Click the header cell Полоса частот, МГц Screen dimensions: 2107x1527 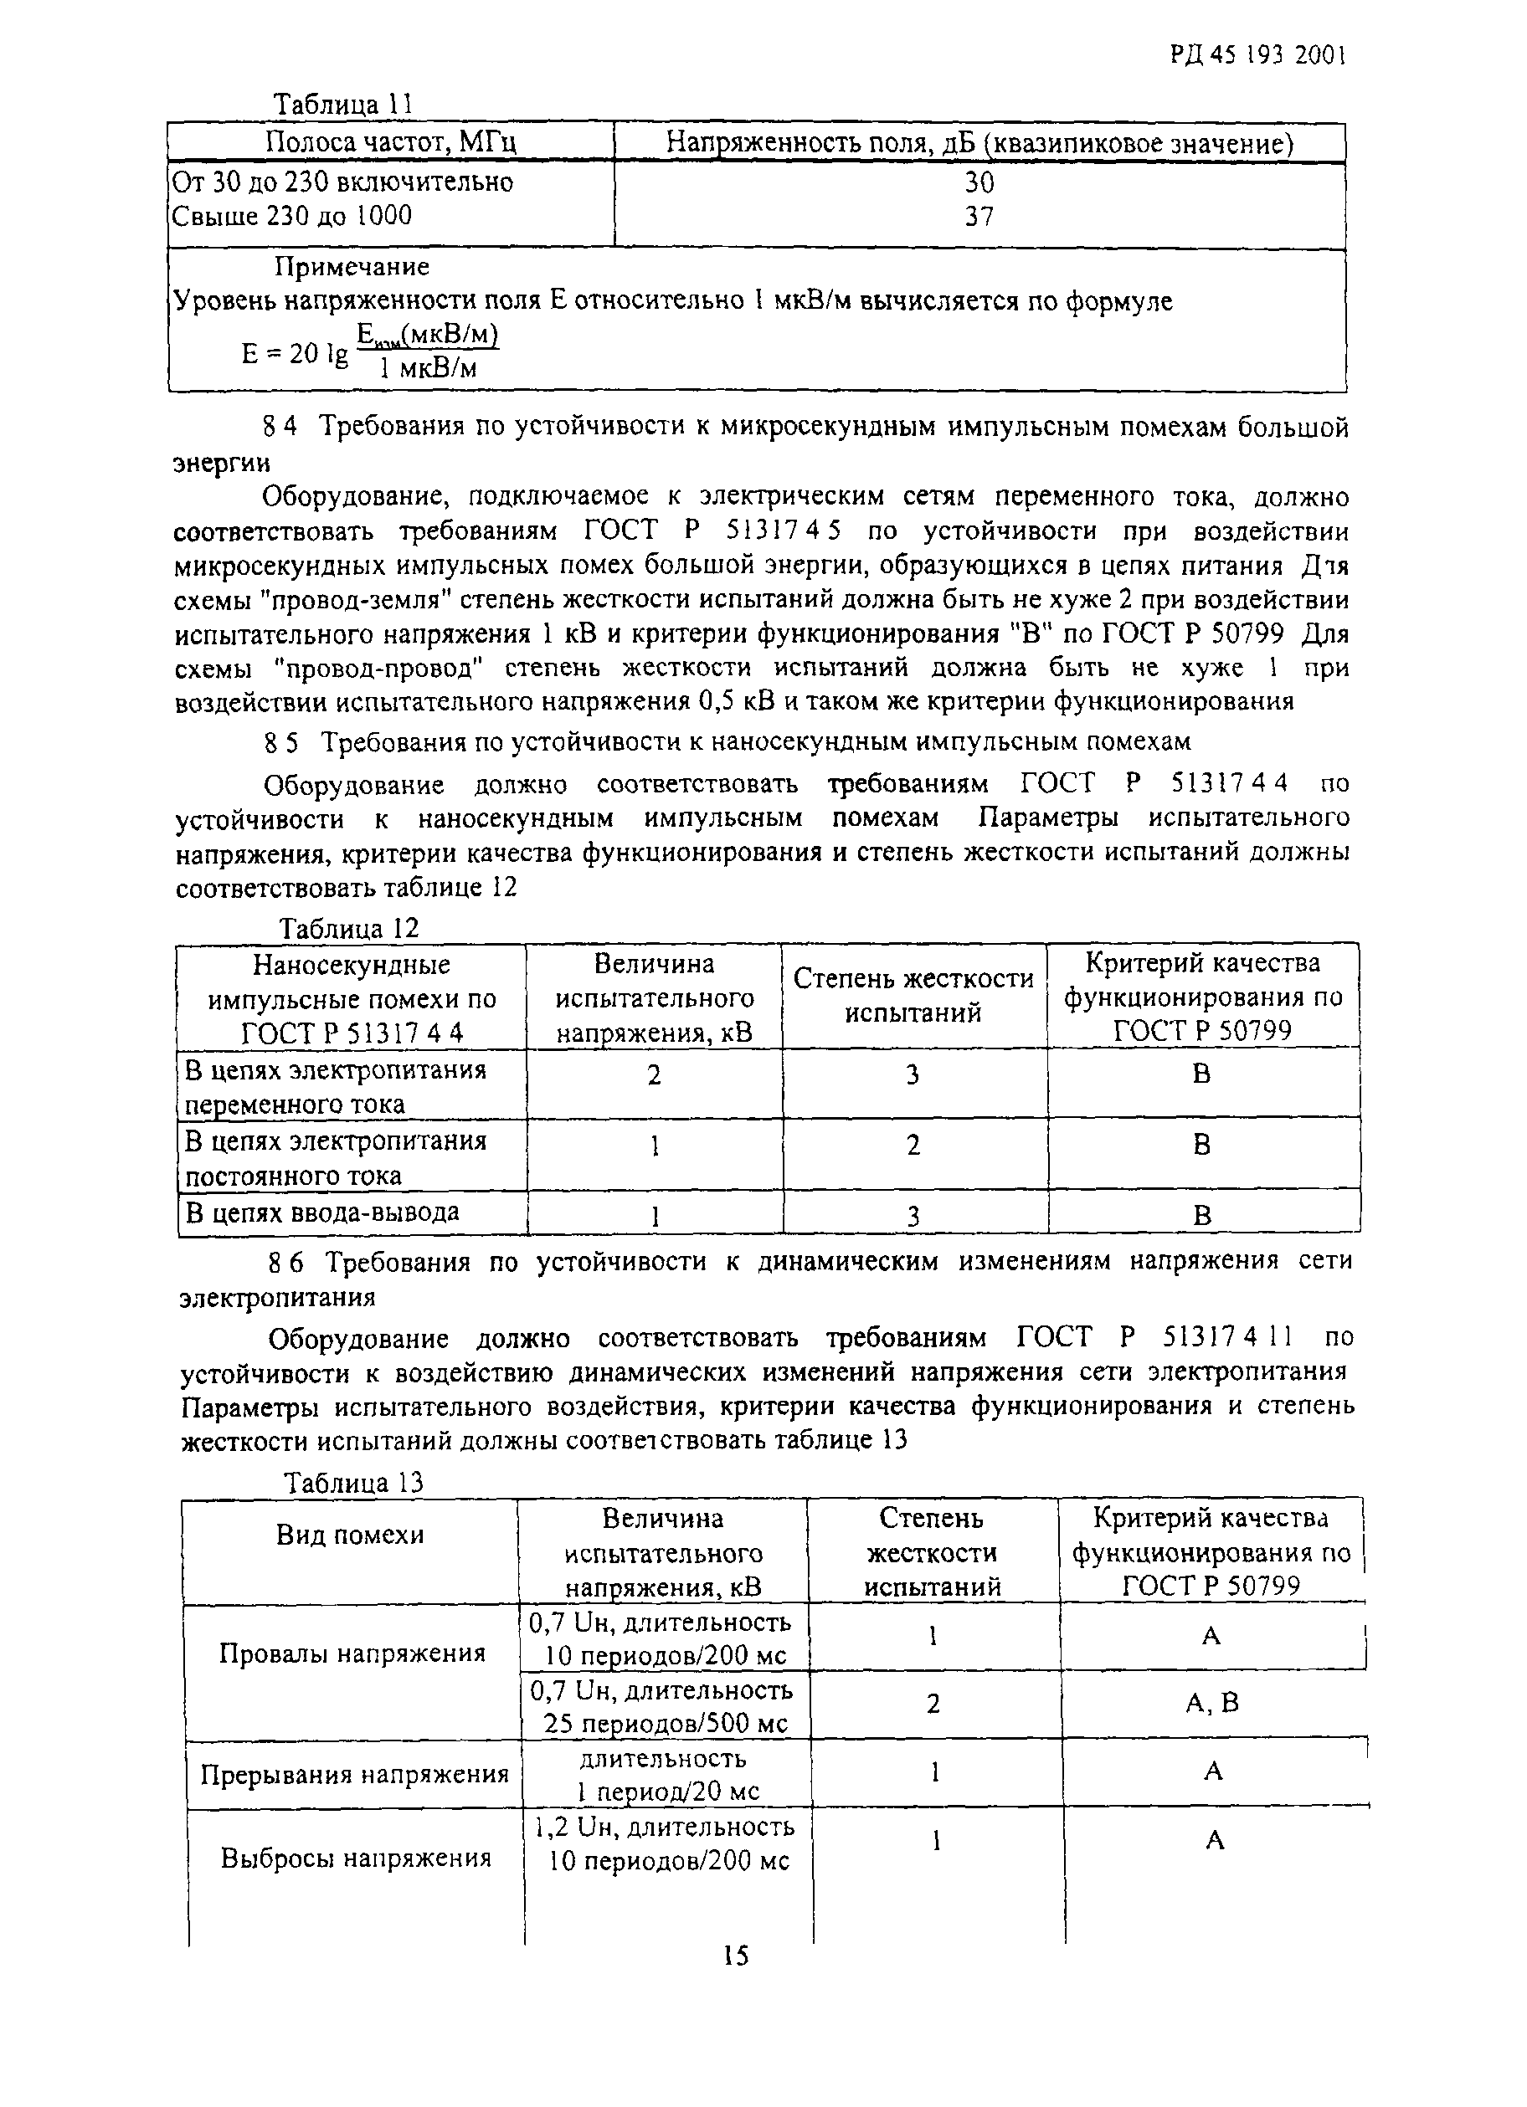click(x=390, y=142)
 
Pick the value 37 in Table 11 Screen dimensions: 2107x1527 click(x=979, y=217)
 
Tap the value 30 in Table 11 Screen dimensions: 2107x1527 click(x=979, y=182)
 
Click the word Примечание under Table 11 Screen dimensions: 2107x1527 click(x=352, y=268)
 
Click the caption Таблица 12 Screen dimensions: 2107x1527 click(x=349, y=928)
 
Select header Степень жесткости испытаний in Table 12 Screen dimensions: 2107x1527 click(x=913, y=996)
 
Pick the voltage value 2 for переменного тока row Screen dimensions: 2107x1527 click(x=655, y=1076)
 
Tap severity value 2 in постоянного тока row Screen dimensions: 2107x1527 click(x=913, y=1146)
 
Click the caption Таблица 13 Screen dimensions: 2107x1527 click(x=353, y=1483)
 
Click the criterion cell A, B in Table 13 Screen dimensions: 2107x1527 click(x=1212, y=1703)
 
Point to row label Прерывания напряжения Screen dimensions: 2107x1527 click(x=354, y=1775)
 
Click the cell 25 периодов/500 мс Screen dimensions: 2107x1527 click(x=666, y=1723)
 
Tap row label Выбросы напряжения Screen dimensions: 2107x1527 click(x=355, y=1858)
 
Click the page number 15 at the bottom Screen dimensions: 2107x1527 click(x=734, y=1956)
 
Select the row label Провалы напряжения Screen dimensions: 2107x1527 click(x=352, y=1653)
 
